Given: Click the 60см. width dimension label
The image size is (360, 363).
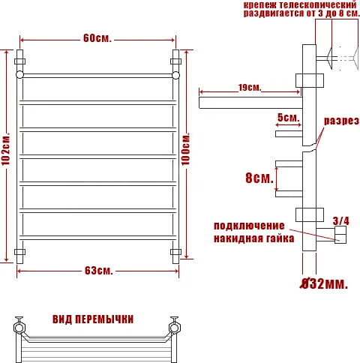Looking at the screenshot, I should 97,39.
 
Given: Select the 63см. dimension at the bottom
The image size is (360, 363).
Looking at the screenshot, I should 98,270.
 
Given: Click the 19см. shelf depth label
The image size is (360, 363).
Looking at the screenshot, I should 250,88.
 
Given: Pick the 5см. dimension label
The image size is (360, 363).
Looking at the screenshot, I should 288,118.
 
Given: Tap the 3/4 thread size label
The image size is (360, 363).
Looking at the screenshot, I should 340,220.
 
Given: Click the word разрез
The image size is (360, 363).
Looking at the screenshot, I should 341,121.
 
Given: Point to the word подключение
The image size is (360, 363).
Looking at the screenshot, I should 249,226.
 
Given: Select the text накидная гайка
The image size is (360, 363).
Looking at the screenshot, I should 249,239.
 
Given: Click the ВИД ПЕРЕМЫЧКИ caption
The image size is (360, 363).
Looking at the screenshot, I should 93,319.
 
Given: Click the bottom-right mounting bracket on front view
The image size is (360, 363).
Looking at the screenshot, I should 177,251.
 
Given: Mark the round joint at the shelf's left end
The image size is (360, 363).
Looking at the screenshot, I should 19,76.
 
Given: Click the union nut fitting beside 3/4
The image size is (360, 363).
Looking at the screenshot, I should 340,237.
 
